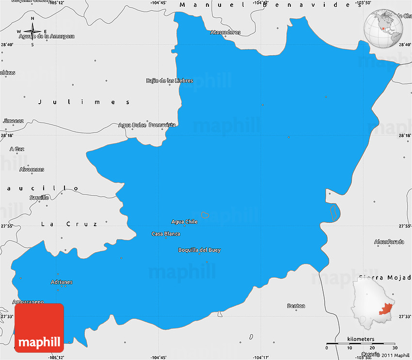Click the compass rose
tap(32, 32)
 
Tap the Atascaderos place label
tap(225, 32)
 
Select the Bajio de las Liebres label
tap(170, 80)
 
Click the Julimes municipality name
tap(84, 102)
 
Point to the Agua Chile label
tap(185, 222)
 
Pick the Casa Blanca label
tap(166, 234)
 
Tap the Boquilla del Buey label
tap(199, 250)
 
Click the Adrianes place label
tap(62, 282)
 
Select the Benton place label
tap(296, 306)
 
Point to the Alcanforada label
tap(389, 242)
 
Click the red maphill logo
tap(39, 328)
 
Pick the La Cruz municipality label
tap(69, 224)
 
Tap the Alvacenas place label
tap(32, 170)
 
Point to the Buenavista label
tap(162, 125)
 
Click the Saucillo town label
tap(39, 198)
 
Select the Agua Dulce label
tap(132, 125)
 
